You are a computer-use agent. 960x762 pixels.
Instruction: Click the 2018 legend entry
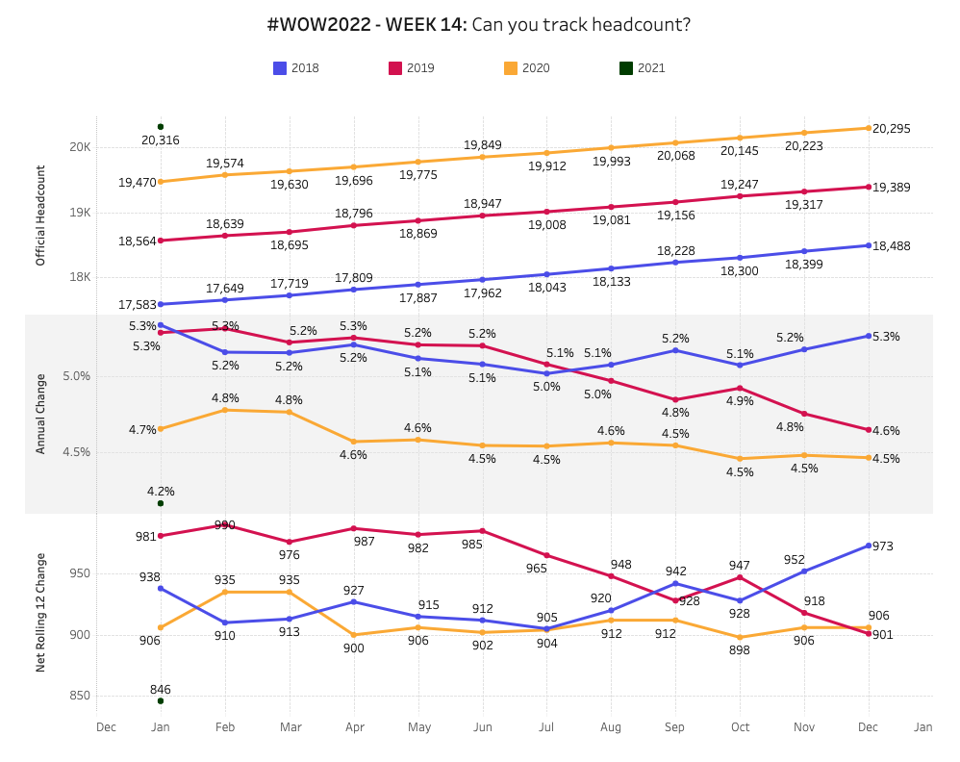(x=296, y=68)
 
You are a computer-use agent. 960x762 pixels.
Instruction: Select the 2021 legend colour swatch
(x=626, y=68)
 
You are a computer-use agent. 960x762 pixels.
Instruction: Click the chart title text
(x=479, y=25)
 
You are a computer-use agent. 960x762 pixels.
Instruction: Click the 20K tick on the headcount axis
(x=79, y=147)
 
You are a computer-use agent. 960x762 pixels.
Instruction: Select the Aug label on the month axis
(x=610, y=727)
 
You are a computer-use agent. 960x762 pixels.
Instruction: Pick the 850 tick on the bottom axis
(x=79, y=696)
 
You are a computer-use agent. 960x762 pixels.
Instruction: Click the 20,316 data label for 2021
(x=160, y=140)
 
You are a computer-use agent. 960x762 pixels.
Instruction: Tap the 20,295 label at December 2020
(x=892, y=129)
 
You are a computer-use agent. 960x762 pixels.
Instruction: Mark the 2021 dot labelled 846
(x=161, y=700)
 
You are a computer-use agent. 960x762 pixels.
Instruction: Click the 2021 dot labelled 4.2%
(x=161, y=503)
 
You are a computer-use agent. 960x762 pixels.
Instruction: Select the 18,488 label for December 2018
(x=892, y=246)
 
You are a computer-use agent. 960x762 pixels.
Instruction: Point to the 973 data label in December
(x=883, y=546)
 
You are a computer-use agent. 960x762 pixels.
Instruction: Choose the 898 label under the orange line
(x=740, y=650)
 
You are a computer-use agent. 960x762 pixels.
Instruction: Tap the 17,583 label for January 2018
(x=138, y=305)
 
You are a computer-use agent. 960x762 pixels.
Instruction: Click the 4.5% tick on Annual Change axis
(x=77, y=452)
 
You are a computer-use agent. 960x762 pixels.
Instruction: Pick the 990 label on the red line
(x=225, y=525)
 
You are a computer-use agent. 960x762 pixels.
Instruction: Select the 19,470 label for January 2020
(x=138, y=182)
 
